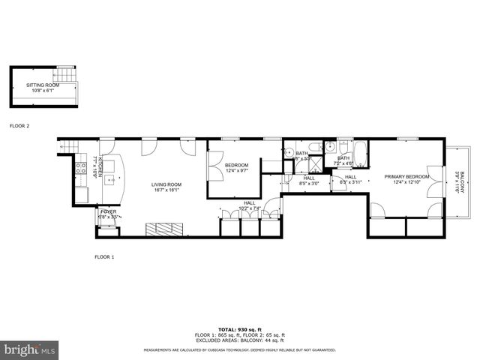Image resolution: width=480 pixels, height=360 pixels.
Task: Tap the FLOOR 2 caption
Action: (19, 126)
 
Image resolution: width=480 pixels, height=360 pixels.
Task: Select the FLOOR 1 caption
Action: (104, 257)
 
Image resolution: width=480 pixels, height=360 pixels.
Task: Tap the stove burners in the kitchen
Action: (79, 169)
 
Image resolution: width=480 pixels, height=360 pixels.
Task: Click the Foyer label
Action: (109, 215)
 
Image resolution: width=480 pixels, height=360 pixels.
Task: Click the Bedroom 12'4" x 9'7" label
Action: (237, 167)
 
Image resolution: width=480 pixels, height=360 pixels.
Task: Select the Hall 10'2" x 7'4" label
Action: (249, 205)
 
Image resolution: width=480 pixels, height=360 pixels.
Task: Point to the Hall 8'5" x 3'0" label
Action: (309, 181)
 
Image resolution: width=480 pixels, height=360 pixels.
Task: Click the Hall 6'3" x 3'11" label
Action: (350, 180)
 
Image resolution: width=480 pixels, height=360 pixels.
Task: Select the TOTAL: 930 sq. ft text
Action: (239, 330)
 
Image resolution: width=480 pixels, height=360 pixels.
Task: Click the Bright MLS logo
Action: (29, 349)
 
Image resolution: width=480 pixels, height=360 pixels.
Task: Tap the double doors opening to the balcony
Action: (433, 181)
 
